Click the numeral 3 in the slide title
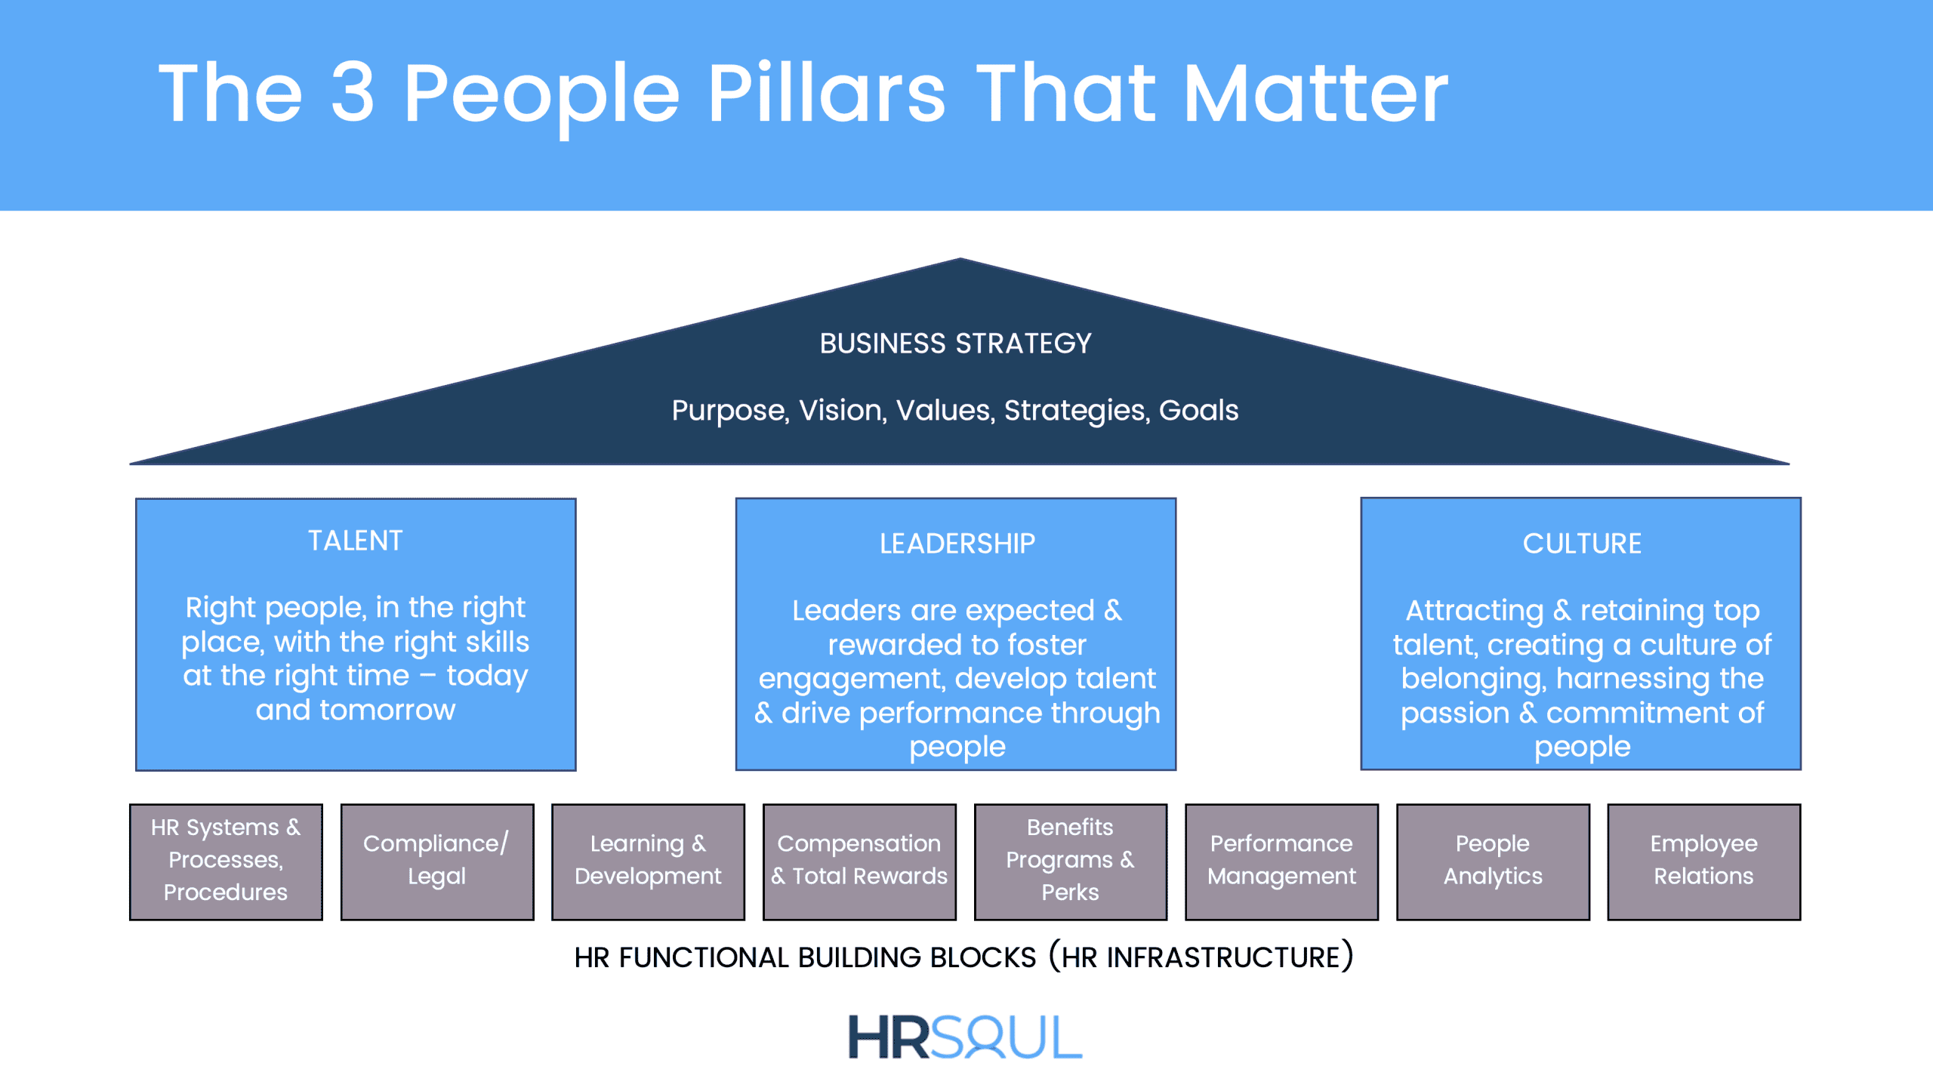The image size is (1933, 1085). (x=353, y=92)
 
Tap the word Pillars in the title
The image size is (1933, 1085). (x=826, y=92)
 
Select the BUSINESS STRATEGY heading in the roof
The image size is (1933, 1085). (x=956, y=344)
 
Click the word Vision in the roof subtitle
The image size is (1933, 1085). (x=843, y=410)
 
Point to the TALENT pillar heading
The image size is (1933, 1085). (x=356, y=541)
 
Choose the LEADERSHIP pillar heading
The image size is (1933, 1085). (x=957, y=544)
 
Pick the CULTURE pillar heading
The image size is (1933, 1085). (x=1582, y=544)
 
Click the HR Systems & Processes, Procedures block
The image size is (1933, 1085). (x=226, y=862)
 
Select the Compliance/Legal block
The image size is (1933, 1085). (x=437, y=862)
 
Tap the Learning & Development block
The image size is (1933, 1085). (x=648, y=862)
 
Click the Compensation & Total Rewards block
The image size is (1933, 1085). (x=859, y=862)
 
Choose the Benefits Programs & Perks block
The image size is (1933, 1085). (x=1071, y=862)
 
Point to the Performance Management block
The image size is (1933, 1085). (x=1282, y=862)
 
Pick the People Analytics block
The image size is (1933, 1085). (x=1493, y=862)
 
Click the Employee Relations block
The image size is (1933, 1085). (x=1704, y=862)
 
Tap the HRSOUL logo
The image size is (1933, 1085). (x=965, y=1037)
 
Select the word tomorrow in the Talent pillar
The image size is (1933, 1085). (x=387, y=710)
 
